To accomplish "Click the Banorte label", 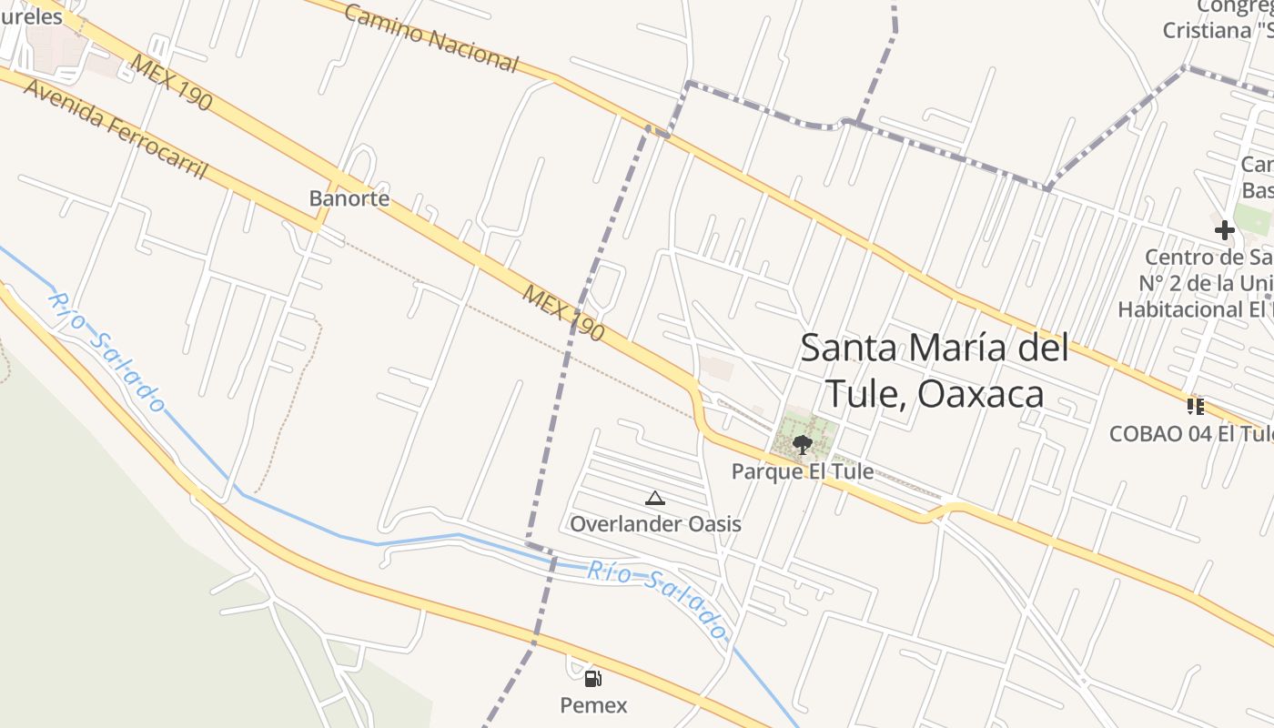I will pos(349,198).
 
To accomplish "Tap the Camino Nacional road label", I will pos(430,37).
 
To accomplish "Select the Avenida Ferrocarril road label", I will pos(116,128).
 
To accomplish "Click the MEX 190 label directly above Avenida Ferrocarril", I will pos(171,83).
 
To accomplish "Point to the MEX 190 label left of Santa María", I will pos(563,313).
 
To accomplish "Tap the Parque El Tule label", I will pos(803,471).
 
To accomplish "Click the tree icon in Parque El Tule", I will pos(802,444).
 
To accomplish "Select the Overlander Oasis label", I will pos(655,524).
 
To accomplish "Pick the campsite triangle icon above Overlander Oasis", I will pos(654,498).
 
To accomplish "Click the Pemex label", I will pos(593,705).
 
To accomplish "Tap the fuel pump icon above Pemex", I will pos(592,678).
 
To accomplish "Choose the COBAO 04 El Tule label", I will pos(1190,434).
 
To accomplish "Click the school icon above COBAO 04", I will pos(1196,406).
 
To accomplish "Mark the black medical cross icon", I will pos(1225,230).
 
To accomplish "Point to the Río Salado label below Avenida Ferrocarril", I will pos(107,351).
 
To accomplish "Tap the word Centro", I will pos(1175,258).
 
